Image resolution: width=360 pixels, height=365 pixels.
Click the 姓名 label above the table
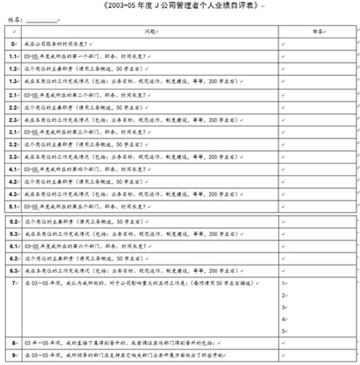(x=16, y=20)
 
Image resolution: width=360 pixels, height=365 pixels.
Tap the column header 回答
(x=317, y=32)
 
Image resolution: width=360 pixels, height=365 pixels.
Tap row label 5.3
(x=14, y=234)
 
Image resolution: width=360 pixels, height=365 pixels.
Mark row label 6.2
(x=14, y=259)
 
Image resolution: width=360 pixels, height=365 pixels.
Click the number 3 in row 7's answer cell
(x=283, y=307)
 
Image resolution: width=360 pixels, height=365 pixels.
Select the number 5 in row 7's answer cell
(x=283, y=331)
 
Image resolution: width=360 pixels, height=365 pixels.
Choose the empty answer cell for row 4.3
(x=317, y=194)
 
